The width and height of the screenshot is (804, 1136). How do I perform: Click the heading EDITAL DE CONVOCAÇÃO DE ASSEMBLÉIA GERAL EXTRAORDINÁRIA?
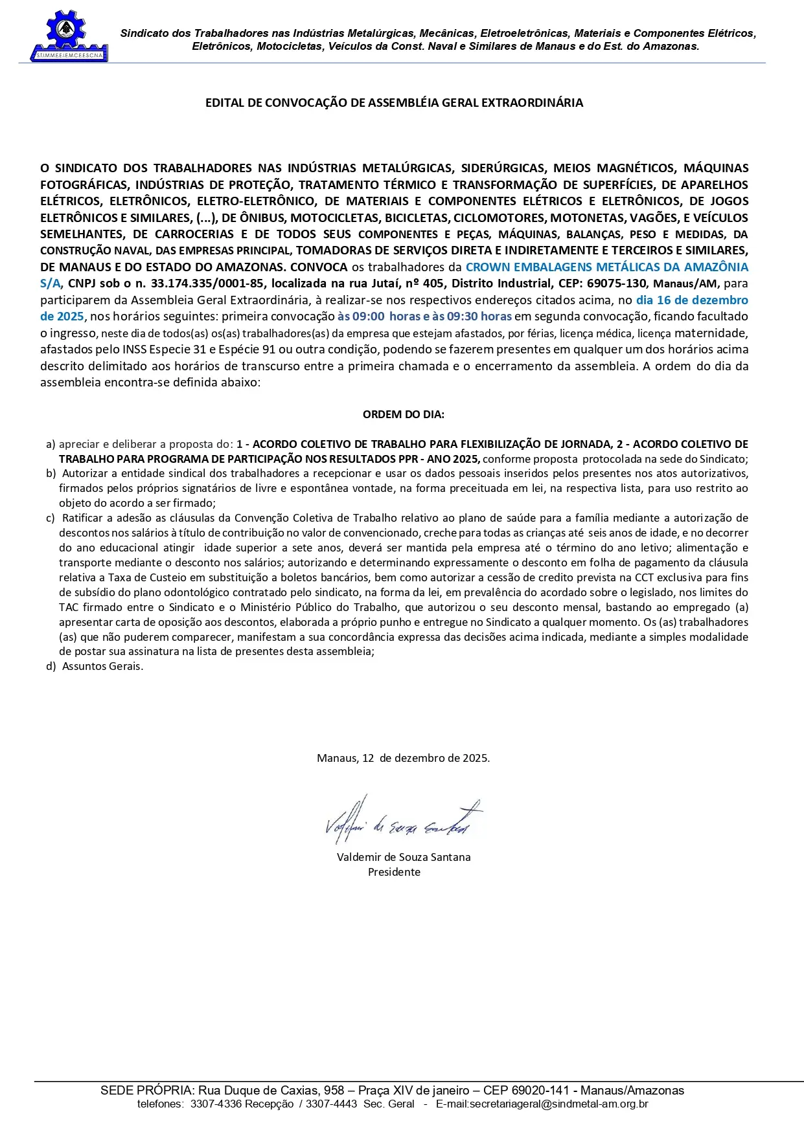tap(394, 103)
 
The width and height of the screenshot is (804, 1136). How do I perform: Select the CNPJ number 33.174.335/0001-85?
tap(207, 284)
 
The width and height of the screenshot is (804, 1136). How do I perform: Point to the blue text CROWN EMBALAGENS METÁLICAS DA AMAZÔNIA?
tap(606, 267)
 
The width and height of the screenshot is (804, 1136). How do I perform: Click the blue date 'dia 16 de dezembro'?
tap(692, 300)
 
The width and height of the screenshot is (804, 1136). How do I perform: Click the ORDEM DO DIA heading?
tap(403, 414)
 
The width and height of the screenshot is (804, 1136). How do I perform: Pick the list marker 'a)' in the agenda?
tap(51, 444)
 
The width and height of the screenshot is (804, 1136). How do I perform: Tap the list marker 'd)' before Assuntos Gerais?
tap(51, 666)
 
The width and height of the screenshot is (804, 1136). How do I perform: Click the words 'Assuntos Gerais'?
tap(102, 666)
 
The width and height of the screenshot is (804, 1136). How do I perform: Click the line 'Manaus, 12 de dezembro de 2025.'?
tap(403, 758)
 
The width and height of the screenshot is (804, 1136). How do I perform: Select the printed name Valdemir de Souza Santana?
tap(404, 857)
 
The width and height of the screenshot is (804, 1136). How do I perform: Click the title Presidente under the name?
tap(394, 872)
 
